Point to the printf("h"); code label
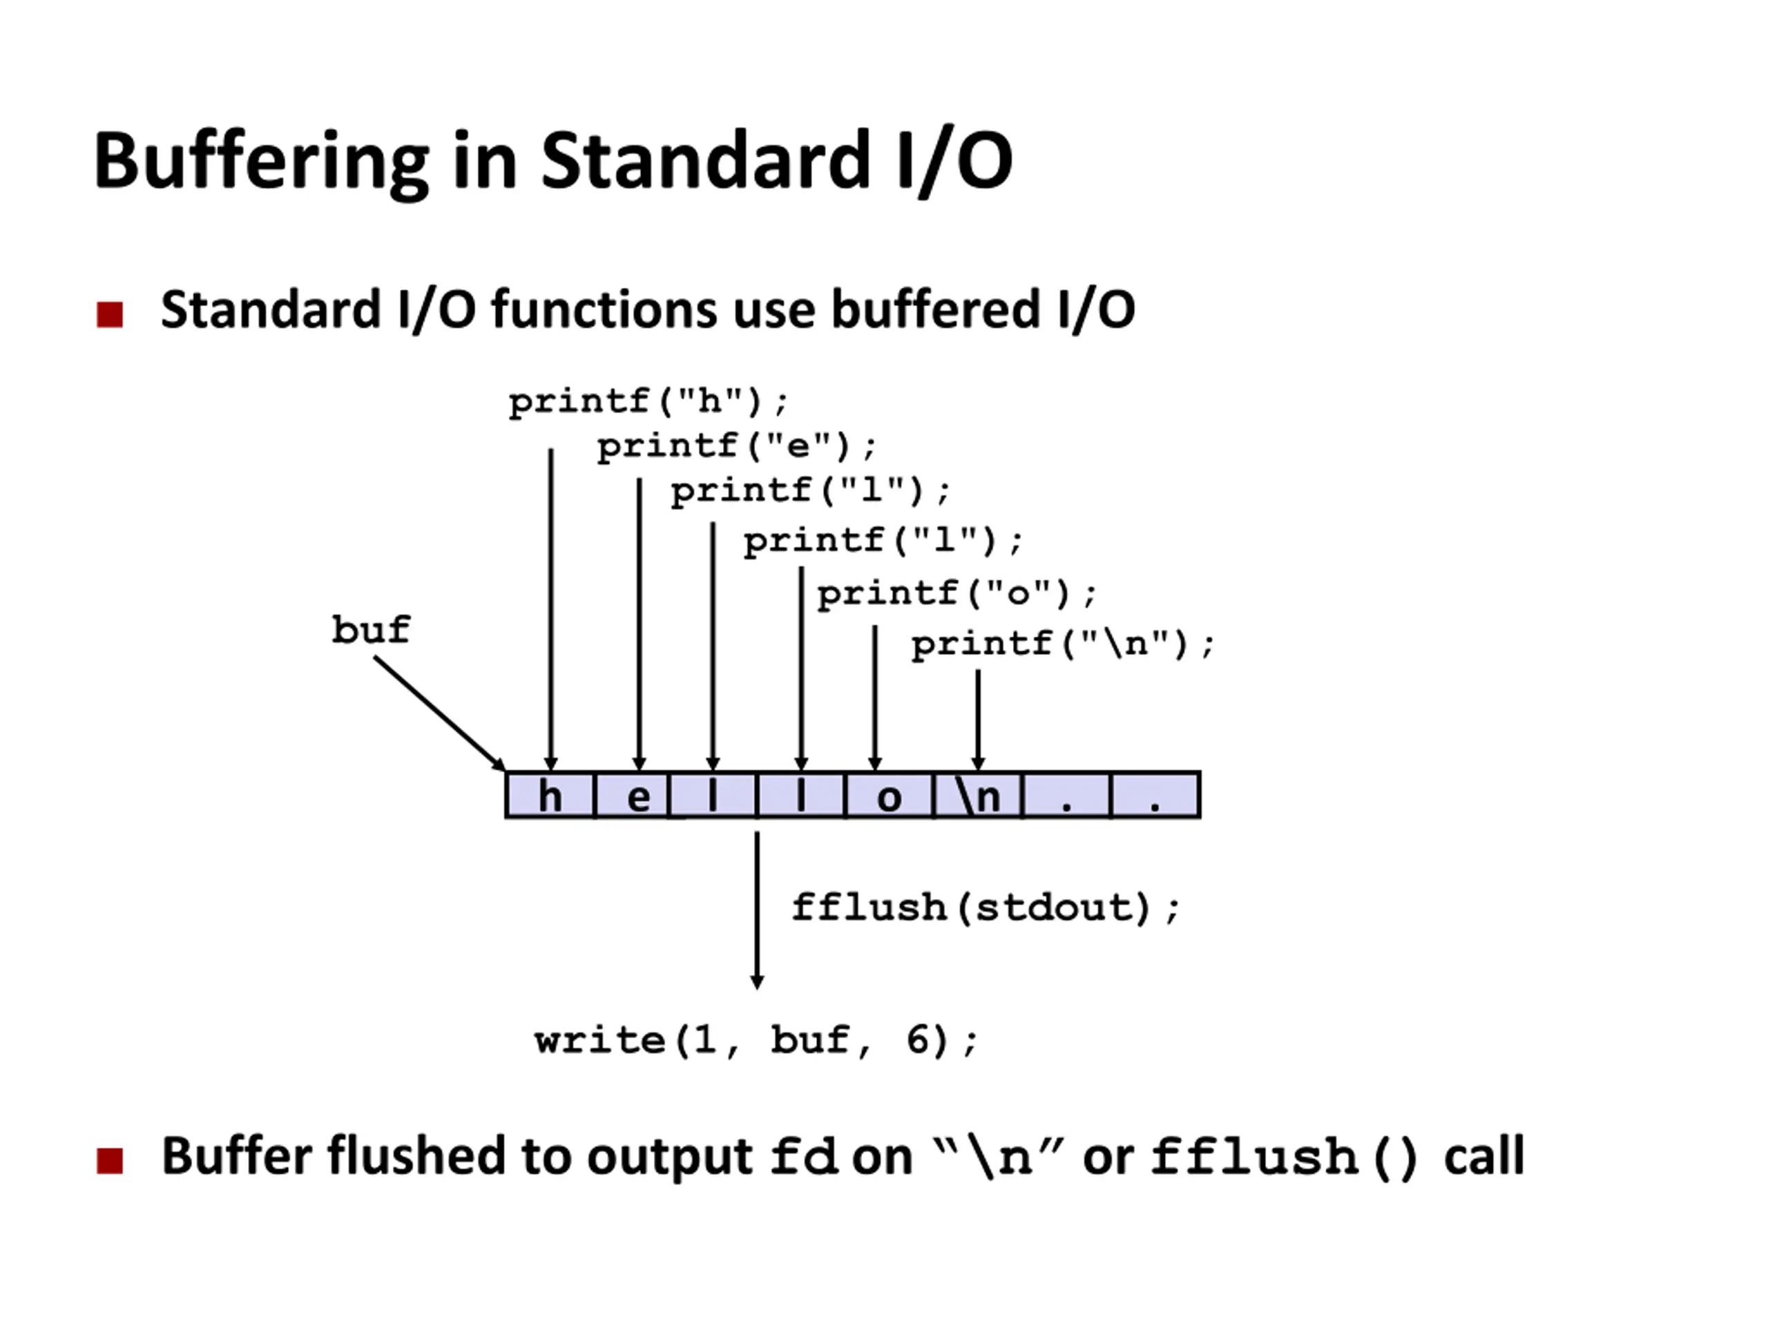[x=648, y=402]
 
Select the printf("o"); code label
[x=957, y=594]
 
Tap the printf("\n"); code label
[x=1063, y=644]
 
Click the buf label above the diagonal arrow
[x=371, y=630]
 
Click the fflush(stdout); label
[x=986, y=908]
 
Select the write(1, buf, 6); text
[x=756, y=1041]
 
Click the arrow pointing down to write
[x=757, y=910]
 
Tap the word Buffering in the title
[x=262, y=162]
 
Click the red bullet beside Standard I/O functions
[x=110, y=314]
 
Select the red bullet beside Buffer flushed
[x=110, y=1160]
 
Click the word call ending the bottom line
[x=1484, y=1157]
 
